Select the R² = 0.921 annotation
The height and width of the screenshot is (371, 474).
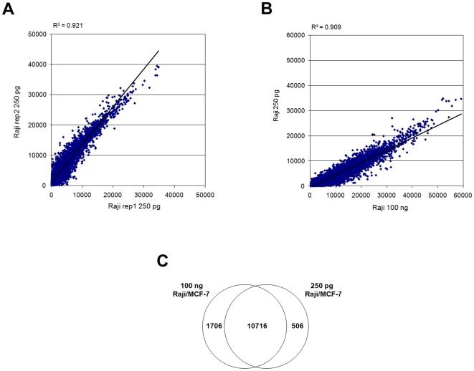point(69,26)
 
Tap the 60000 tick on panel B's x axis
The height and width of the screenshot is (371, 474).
point(463,193)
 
